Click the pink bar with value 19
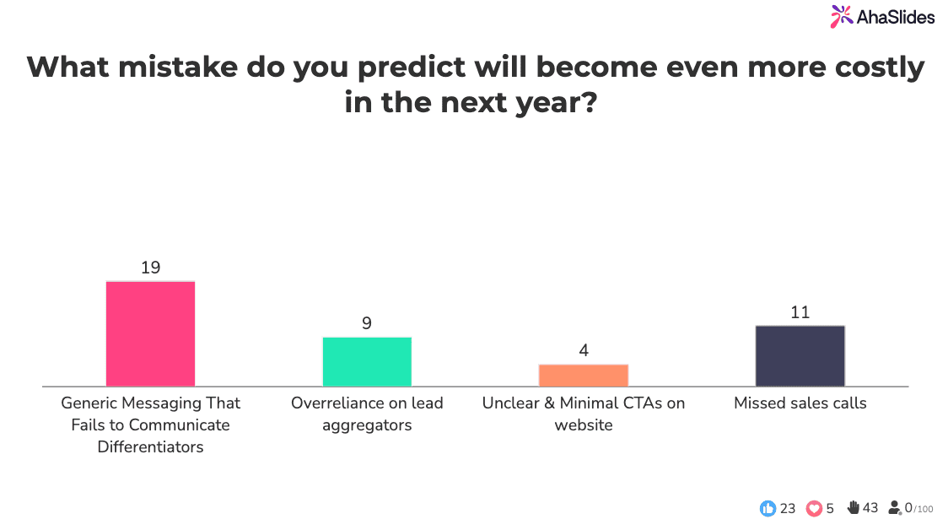pyautogui.click(x=150, y=333)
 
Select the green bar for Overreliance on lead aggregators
pyautogui.click(x=367, y=361)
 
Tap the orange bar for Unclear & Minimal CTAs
pyautogui.click(x=584, y=375)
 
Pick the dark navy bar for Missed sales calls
pyautogui.click(x=800, y=355)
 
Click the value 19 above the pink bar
pyautogui.click(x=150, y=268)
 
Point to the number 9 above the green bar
pyautogui.click(x=367, y=323)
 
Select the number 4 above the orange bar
pyautogui.click(x=584, y=350)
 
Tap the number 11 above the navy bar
pyautogui.click(x=800, y=312)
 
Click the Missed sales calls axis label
pyautogui.click(x=800, y=403)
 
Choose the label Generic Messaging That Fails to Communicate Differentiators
pyautogui.click(x=150, y=425)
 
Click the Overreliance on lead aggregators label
pyautogui.click(x=367, y=414)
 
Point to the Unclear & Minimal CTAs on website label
pyautogui.click(x=584, y=414)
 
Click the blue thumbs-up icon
pyautogui.click(x=768, y=508)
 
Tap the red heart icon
pyautogui.click(x=814, y=508)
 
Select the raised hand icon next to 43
pyautogui.click(x=853, y=507)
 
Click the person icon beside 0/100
pyautogui.click(x=895, y=508)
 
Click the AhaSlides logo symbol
pyautogui.click(x=841, y=16)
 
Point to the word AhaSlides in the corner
pyautogui.click(x=896, y=17)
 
